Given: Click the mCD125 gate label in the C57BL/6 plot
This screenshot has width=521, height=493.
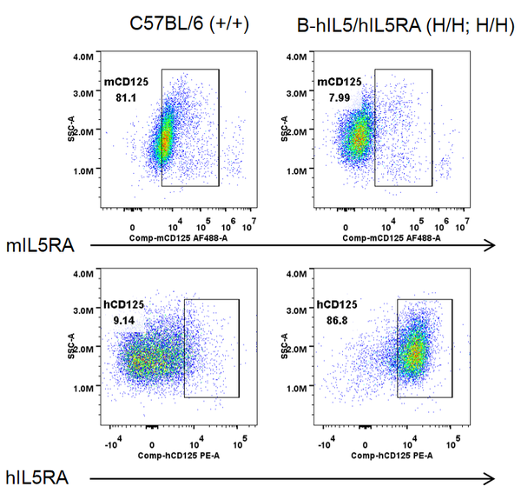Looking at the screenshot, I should (x=127, y=83).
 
